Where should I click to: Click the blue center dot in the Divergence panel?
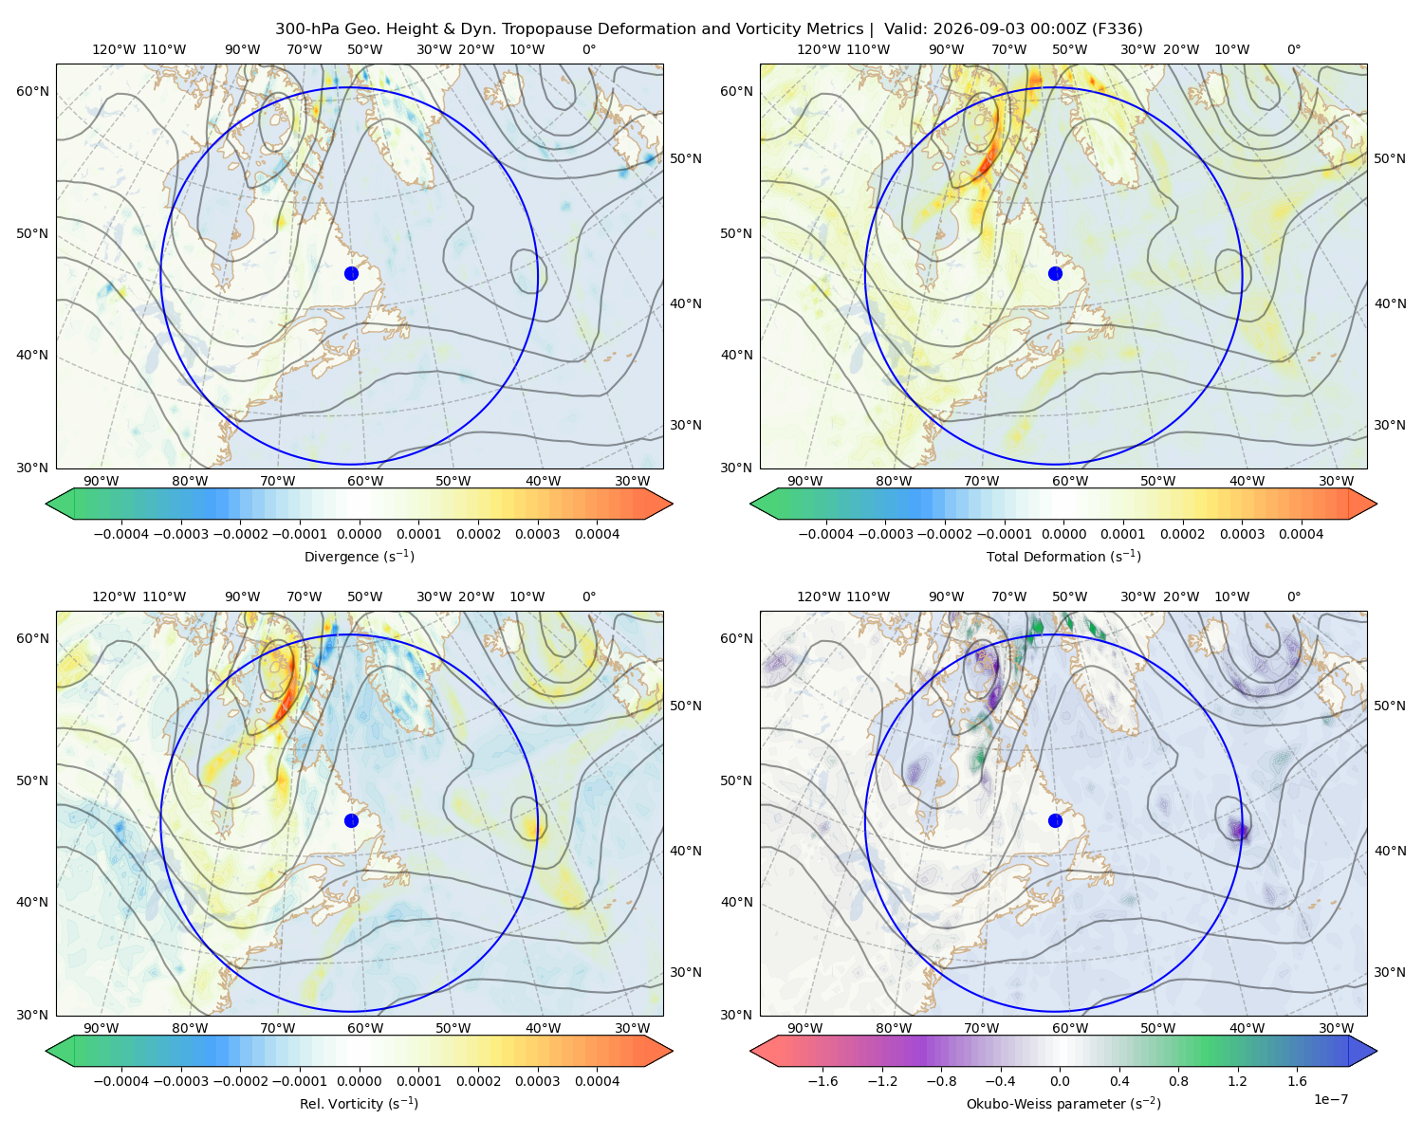[x=351, y=274]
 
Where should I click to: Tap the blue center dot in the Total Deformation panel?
[x=1055, y=274]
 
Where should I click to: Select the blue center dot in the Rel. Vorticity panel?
[x=351, y=820]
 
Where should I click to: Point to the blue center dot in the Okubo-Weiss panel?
[x=1055, y=820]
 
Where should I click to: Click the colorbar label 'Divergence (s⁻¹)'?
[x=359, y=556]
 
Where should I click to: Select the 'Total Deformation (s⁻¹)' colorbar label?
[x=1063, y=556]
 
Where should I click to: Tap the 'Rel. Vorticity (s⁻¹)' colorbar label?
[x=359, y=1104]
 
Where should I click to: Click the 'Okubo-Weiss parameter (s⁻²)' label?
[x=1063, y=1104]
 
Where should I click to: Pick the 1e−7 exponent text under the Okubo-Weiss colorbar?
[x=1330, y=1100]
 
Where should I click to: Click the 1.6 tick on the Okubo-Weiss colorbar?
[x=1298, y=1081]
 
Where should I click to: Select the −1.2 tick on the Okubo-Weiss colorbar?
[x=882, y=1081]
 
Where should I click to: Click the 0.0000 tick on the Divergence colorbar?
[x=359, y=534]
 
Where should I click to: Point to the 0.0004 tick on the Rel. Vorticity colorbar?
[x=597, y=1081]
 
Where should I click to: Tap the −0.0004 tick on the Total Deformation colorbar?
[x=826, y=534]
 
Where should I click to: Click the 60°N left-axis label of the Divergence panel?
[x=32, y=91]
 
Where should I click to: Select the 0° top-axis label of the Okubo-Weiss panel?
[x=1293, y=597]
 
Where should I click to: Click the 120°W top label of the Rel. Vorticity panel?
[x=114, y=597]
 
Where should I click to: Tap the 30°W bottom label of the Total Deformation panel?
[x=1337, y=481]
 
